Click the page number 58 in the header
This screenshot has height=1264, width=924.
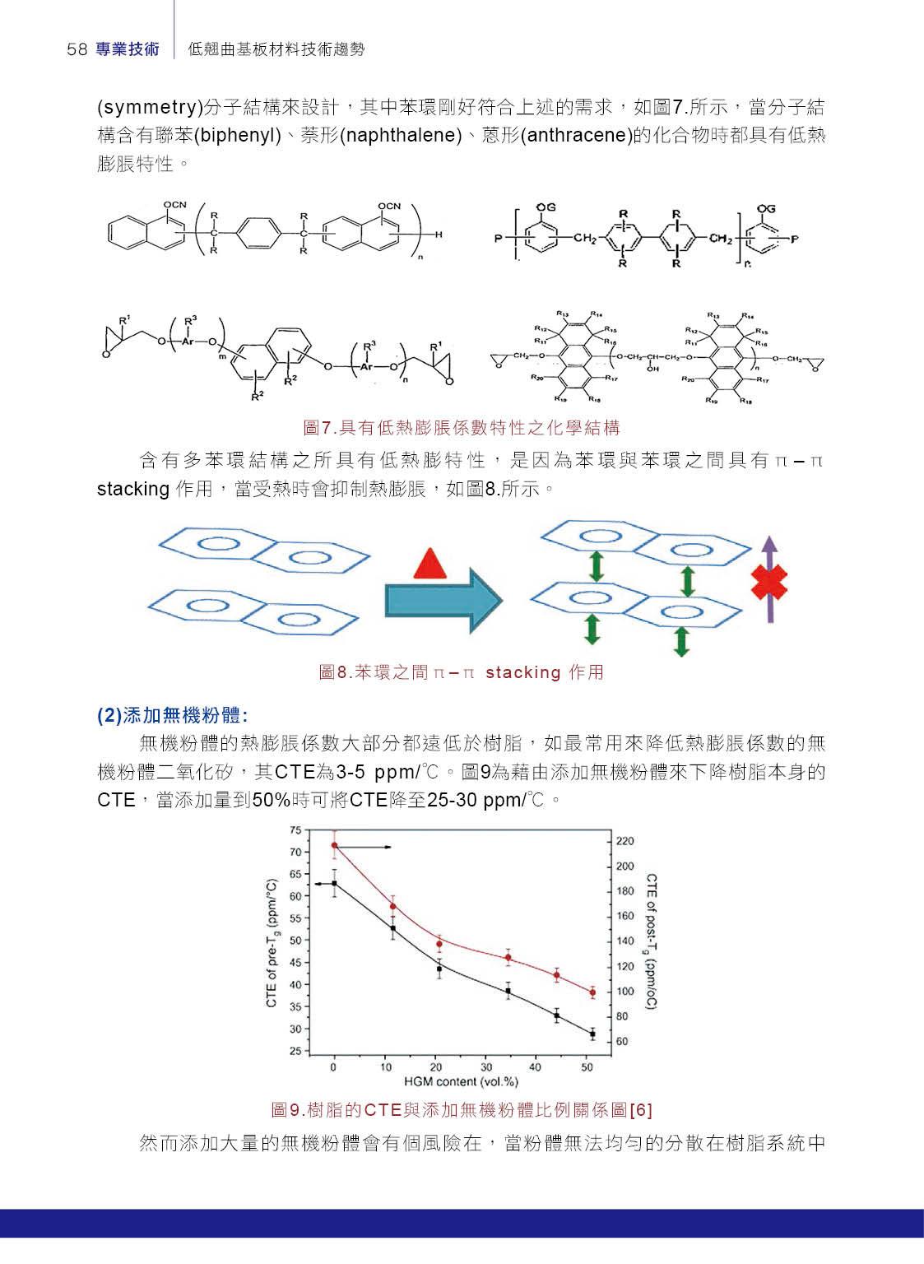77,49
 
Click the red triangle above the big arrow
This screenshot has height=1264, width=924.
429,565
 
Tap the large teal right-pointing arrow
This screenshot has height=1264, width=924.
443,600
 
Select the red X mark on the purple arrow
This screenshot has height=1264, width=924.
768,582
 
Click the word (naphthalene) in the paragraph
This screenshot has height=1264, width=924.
402,135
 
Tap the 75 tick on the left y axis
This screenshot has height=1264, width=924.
296,830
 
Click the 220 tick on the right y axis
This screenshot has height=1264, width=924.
625,841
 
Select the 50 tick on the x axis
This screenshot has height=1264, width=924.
587,1067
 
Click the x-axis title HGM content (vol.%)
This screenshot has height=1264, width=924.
461,1081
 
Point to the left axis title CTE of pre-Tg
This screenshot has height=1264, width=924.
272,943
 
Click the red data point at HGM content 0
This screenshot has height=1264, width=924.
334,845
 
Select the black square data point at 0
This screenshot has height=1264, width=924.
334,883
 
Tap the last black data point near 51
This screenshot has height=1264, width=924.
592,1034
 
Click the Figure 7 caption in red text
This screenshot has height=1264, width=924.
461,427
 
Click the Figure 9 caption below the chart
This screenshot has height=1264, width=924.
461,1110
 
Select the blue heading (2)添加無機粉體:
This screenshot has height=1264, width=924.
172,715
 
